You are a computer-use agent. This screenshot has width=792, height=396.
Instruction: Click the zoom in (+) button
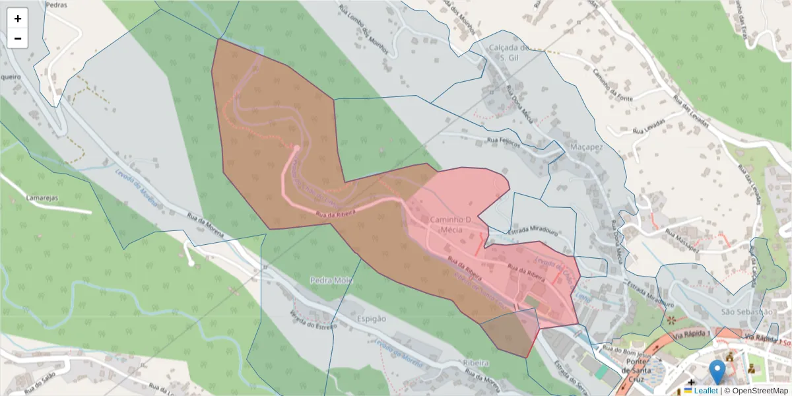(x=18, y=18)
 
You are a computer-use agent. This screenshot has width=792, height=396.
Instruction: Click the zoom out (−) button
(x=18, y=38)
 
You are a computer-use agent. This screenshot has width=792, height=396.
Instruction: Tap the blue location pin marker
(x=716, y=372)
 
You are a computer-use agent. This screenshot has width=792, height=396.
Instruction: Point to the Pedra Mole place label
(x=331, y=280)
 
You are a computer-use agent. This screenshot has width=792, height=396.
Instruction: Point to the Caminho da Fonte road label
(x=614, y=84)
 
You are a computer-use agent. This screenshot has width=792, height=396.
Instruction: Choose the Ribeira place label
(x=476, y=363)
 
